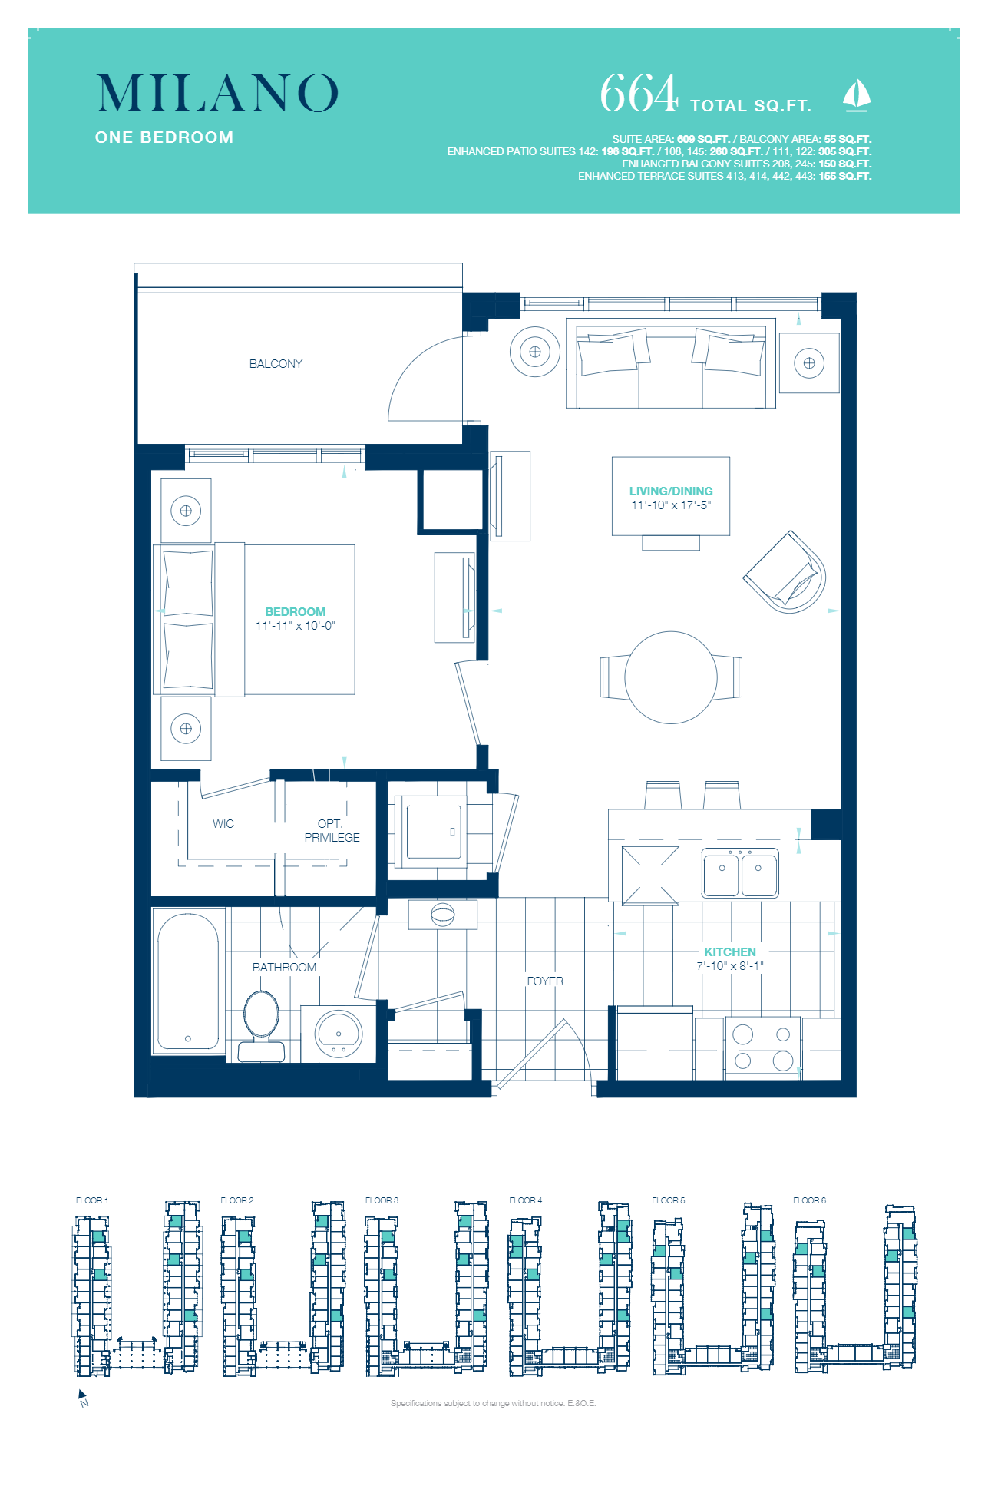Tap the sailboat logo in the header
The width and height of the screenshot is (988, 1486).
[x=856, y=95]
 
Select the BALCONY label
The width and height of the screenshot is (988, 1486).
[x=276, y=364]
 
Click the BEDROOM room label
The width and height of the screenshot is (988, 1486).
[x=295, y=611]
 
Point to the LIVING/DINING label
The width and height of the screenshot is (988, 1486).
[x=671, y=491]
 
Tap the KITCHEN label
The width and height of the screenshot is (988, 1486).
[x=730, y=952]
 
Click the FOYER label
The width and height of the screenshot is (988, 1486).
[x=545, y=981]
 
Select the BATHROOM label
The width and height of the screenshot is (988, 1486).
[x=284, y=968]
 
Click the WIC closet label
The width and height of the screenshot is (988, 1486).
[x=223, y=824]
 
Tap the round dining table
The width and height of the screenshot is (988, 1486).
[x=671, y=677]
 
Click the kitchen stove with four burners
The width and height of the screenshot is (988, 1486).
[x=762, y=1047]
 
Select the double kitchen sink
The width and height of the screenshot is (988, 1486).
[x=740, y=874]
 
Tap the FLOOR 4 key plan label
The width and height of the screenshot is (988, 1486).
[x=525, y=1200]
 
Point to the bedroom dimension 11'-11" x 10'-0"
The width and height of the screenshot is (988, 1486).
[x=295, y=626]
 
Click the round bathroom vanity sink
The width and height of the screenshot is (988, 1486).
[x=338, y=1034]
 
